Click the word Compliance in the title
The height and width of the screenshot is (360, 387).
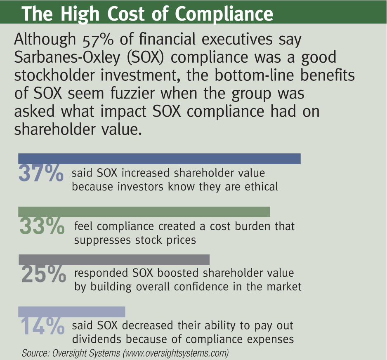point(224,14)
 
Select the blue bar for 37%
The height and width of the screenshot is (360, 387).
point(159,159)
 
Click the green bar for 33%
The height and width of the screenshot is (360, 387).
point(144,212)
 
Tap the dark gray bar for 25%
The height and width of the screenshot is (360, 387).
point(114,259)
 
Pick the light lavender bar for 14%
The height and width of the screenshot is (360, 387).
point(72,312)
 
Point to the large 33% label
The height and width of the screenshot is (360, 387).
point(42,227)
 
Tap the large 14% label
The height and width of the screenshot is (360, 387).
point(42,326)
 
